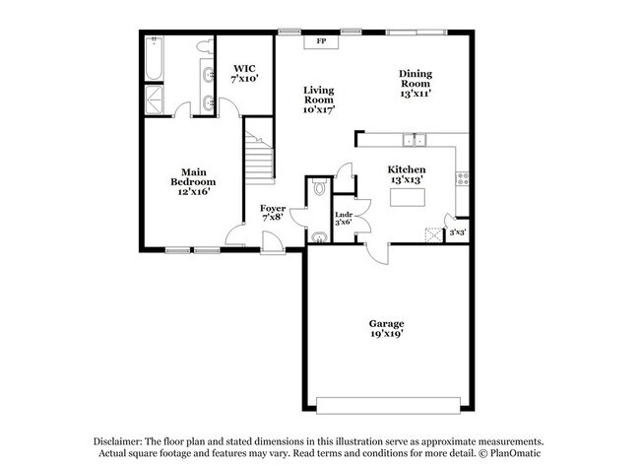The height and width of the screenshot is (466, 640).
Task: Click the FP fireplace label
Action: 322,42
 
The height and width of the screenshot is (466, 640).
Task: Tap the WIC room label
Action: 245,74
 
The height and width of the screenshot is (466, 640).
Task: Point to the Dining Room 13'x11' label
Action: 416,84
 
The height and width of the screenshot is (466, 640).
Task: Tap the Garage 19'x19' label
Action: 387,329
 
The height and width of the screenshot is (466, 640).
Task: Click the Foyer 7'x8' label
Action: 273,213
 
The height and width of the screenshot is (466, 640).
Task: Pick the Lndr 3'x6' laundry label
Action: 344,219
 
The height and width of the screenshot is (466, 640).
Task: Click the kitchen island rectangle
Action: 406,200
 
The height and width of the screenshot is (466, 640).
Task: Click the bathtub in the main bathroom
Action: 154,59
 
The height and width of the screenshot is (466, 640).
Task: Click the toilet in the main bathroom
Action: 203,45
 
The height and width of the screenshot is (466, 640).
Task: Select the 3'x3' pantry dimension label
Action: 458,233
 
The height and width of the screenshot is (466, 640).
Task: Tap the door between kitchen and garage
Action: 375,253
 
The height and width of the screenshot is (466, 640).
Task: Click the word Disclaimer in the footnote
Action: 121,442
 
